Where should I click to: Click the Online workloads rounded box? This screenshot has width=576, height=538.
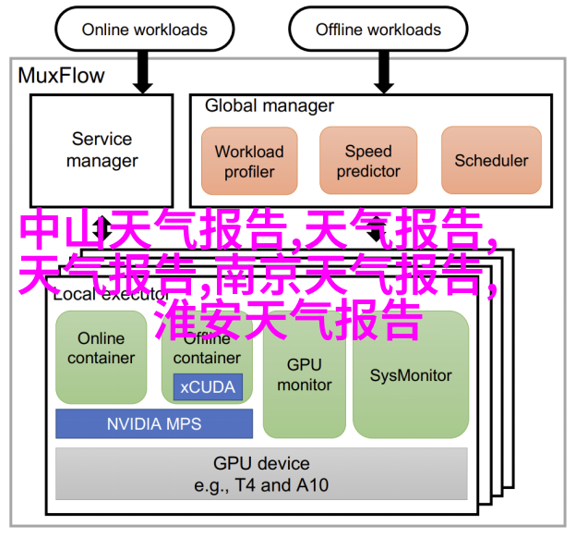(144, 29)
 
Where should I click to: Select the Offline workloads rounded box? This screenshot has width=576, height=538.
(378, 29)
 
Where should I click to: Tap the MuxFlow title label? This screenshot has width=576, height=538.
(61, 76)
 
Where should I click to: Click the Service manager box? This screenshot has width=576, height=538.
(102, 151)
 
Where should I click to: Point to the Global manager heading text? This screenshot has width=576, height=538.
(270, 106)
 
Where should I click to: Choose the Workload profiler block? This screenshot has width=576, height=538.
(249, 161)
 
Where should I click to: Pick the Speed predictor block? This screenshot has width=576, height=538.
(368, 161)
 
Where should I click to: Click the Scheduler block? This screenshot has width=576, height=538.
(491, 160)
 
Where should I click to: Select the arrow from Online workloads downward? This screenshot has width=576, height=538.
(143, 72)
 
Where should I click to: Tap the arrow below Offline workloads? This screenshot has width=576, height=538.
(384, 72)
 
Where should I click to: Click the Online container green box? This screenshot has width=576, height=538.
(101, 357)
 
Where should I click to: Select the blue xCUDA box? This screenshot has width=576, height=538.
(208, 387)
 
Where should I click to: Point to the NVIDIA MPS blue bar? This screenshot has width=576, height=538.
(154, 423)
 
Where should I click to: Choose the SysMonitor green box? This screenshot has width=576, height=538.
(411, 374)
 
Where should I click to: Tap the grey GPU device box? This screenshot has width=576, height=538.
(261, 473)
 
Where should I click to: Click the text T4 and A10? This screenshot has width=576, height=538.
(282, 485)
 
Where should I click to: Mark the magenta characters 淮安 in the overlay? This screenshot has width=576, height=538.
(198, 319)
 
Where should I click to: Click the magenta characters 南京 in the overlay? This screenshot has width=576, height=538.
(259, 274)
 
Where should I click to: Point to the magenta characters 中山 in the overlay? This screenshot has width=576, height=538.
(64, 229)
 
